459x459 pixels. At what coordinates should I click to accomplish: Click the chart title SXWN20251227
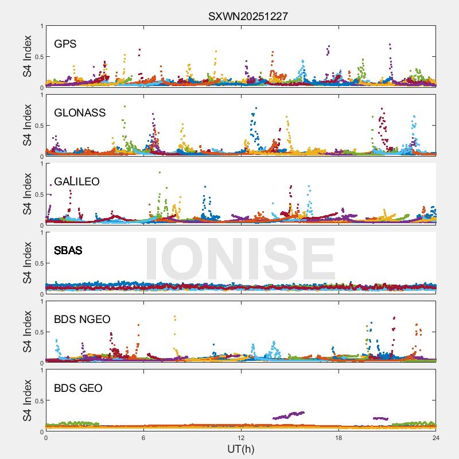pos(248,16)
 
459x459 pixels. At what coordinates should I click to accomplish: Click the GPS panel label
pos(65,44)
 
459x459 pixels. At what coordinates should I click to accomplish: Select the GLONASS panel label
pos(80,113)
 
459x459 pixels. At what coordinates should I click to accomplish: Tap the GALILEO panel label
pos(77,182)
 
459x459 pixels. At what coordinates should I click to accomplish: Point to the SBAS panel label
pos(68,251)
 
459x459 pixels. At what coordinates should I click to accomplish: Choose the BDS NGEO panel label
pos(82,320)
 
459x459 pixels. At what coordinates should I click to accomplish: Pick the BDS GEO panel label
pos(78,388)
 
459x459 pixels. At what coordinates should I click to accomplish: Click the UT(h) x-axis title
pos(241,449)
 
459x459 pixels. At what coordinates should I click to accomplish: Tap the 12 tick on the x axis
pos(241,438)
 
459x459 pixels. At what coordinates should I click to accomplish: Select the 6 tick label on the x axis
pos(143,438)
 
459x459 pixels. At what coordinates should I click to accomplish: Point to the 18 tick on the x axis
pos(339,438)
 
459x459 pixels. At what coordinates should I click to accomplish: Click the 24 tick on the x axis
pos(436,438)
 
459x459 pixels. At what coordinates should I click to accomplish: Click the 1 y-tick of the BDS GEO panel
pos(41,370)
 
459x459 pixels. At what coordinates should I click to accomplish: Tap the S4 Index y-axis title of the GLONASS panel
pos(28,126)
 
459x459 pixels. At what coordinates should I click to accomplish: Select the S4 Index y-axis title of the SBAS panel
pos(28,263)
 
